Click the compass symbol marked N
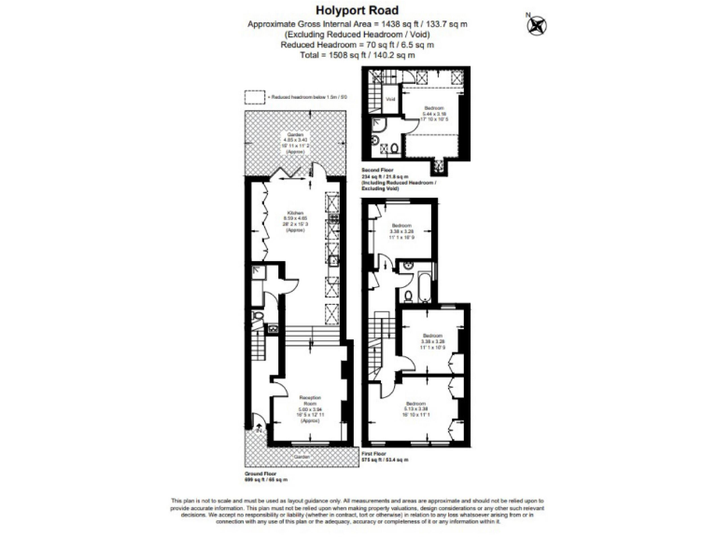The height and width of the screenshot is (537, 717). [x=536, y=25]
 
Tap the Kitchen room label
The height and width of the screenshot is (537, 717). [x=296, y=218]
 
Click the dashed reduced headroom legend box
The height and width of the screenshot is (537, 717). [x=254, y=96]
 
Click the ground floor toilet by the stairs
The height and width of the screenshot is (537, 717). [x=271, y=329]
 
